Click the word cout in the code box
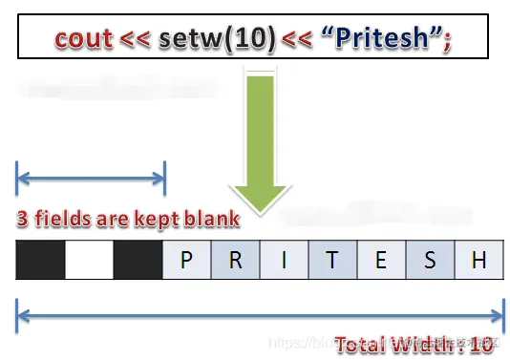coord(81,39)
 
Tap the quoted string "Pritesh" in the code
coord(385,39)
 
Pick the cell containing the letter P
coord(187,260)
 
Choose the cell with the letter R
coord(235,260)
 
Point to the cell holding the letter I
coord(284,260)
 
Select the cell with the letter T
coord(332,260)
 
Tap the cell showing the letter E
coord(381,260)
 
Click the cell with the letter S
coord(430,260)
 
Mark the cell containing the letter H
coord(478,260)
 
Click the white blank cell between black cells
coord(89,260)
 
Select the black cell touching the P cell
coord(138,260)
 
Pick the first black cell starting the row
coord(40,260)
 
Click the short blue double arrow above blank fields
coord(91,177)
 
